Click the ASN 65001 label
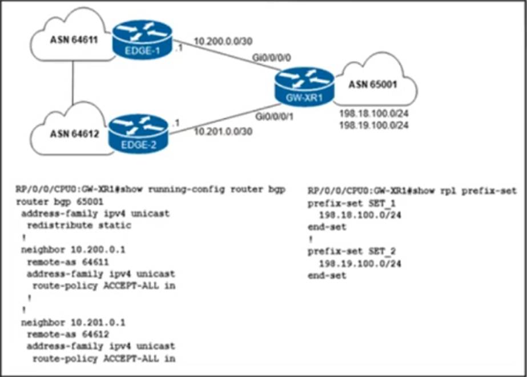click(x=373, y=85)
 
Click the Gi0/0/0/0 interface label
click(x=272, y=58)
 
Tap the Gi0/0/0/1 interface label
click(x=272, y=117)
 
